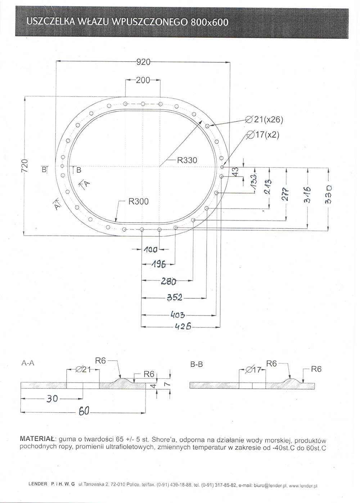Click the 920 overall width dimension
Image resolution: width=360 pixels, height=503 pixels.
click(x=143, y=62)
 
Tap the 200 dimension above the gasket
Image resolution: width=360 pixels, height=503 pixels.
click(x=143, y=80)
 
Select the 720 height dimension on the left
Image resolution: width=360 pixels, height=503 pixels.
click(x=25, y=166)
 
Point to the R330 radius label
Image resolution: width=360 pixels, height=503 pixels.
click(x=187, y=160)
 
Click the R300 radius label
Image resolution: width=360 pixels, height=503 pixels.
click(x=138, y=201)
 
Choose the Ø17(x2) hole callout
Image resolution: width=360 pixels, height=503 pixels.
click(x=263, y=135)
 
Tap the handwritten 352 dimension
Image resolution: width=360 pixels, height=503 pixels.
click(x=175, y=297)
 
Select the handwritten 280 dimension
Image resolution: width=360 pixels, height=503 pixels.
click(x=168, y=281)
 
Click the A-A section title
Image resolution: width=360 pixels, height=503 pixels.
click(x=28, y=363)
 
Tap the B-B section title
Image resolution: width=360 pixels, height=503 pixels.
click(x=197, y=364)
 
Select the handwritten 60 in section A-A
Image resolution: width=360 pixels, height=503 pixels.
click(x=84, y=411)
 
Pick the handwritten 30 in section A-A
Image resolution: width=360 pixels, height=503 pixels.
click(x=52, y=399)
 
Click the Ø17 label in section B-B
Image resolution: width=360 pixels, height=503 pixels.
click(x=253, y=369)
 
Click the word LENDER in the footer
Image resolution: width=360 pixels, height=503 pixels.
click(x=38, y=490)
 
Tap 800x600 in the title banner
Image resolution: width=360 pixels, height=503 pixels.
click(x=210, y=22)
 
